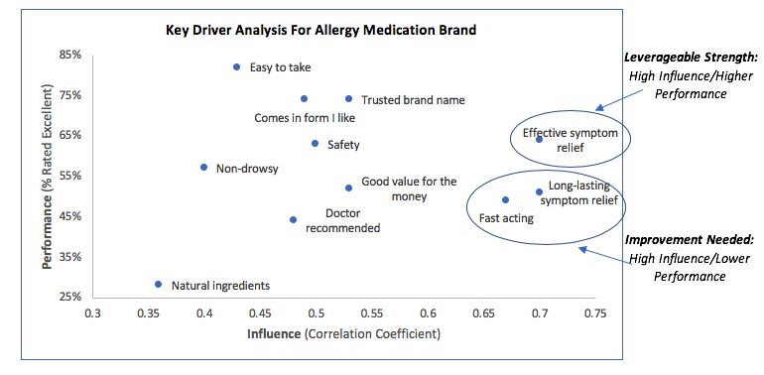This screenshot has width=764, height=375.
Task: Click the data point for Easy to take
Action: pyautogui.click(x=236, y=67)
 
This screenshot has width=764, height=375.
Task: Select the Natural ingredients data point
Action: pyautogui.click(x=158, y=285)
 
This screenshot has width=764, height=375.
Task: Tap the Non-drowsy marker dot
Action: pyautogui.click(x=203, y=168)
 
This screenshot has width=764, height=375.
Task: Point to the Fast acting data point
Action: pyautogui.click(x=505, y=200)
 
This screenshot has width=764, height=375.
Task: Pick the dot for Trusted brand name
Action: pyautogui.click(x=348, y=99)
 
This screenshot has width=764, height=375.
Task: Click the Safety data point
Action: pyautogui.click(x=315, y=144)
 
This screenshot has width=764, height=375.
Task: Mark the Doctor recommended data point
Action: pyautogui.click(x=293, y=220)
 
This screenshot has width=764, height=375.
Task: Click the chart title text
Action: pyautogui.click(x=321, y=30)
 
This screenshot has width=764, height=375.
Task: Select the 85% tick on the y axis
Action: pyautogui.click(x=69, y=55)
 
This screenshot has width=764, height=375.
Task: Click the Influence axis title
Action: pyautogui.click(x=342, y=334)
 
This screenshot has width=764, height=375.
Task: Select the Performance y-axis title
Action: pyautogui.click(x=48, y=177)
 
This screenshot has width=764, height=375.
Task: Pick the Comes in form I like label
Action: pyautogui.click(x=305, y=118)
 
